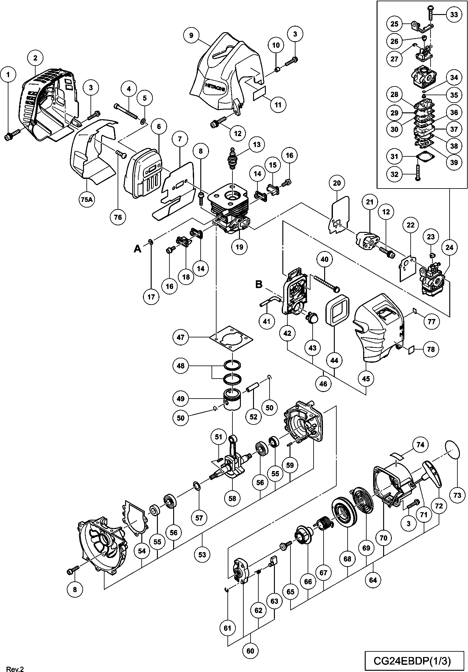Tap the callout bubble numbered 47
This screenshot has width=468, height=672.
pyautogui.click(x=181, y=337)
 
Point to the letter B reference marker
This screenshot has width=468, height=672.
pyautogui.click(x=259, y=284)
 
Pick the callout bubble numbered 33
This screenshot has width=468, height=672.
pyautogui.click(x=454, y=14)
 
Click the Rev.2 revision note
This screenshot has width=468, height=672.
pyautogui.click(x=15, y=669)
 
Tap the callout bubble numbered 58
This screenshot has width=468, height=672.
pyautogui.click(x=232, y=498)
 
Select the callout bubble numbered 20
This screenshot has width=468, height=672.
pyautogui.click(x=337, y=183)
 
